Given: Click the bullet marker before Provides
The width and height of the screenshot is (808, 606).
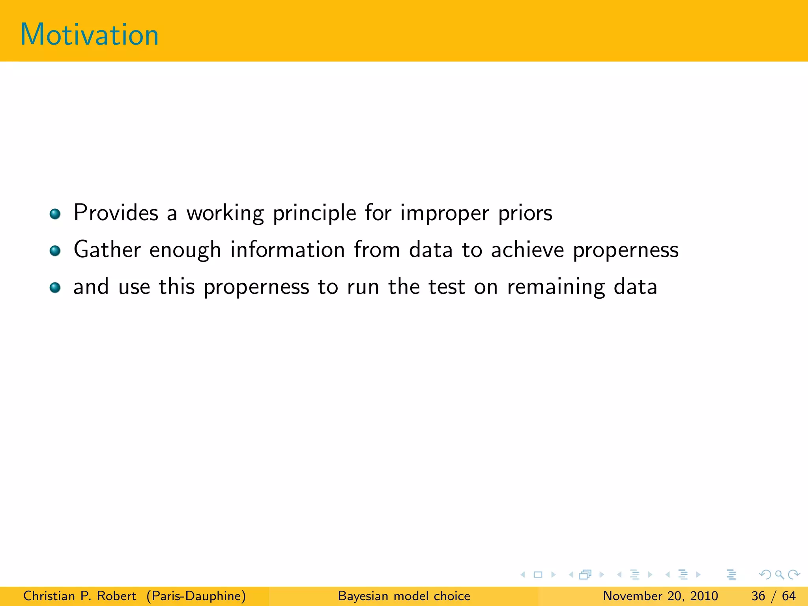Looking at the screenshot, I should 55,214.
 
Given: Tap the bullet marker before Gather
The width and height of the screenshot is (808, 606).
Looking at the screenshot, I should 55,251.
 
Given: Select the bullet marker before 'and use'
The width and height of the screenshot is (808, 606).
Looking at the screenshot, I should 55,288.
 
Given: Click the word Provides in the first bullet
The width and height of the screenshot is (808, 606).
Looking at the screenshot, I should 116,213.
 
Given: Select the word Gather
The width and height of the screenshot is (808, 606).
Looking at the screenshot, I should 107,250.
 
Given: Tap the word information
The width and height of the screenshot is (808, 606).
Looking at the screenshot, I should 288,250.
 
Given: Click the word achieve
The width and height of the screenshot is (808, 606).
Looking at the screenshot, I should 527,250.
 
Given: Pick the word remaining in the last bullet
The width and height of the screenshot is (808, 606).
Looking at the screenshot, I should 556,287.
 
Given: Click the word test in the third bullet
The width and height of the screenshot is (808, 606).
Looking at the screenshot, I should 447,286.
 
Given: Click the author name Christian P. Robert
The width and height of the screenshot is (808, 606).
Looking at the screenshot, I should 80,596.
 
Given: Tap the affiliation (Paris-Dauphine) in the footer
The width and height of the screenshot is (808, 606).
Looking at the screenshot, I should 196,596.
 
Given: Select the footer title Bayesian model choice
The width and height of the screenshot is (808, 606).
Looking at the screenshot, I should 404,596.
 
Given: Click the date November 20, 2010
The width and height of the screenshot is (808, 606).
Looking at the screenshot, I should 660,596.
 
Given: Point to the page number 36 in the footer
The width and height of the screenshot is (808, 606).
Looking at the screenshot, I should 758,596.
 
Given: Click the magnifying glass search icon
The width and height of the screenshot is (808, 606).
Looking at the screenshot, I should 779,574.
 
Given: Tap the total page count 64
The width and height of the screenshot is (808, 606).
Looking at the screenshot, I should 789,596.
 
